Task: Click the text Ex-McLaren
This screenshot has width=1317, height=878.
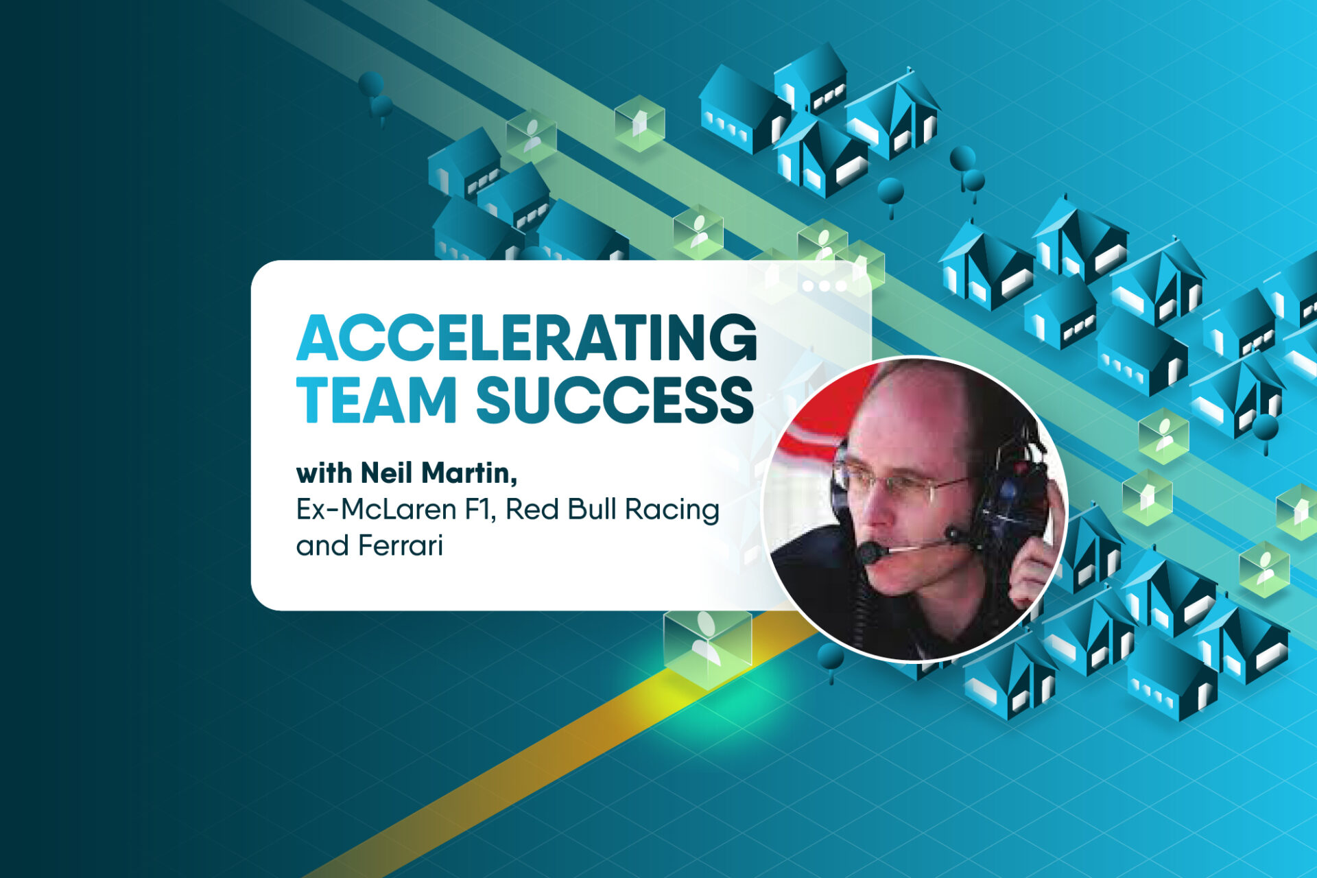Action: click(376, 510)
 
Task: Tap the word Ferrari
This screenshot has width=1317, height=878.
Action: click(401, 546)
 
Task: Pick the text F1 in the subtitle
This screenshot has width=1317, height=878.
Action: click(480, 510)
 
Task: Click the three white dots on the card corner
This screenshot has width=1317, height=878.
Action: click(825, 286)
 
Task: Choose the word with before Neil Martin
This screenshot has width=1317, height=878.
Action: click(324, 473)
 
